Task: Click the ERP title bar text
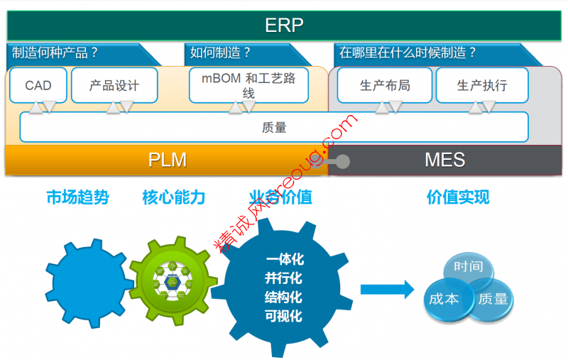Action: [284, 26]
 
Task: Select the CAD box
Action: [38, 85]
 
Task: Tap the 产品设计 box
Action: [114, 85]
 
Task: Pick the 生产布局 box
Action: [385, 85]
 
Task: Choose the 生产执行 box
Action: [482, 85]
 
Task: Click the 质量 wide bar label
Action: [274, 128]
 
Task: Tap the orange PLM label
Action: [167, 160]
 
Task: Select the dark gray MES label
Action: [444, 160]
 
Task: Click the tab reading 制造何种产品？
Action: [55, 53]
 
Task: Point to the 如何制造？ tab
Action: [221, 53]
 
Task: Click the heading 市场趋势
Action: [77, 197]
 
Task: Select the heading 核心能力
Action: [174, 197]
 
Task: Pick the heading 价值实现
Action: [458, 197]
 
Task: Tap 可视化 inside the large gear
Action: [283, 316]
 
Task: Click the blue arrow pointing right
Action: [386, 289]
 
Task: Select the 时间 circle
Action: [469, 268]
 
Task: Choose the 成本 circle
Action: [444, 299]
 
